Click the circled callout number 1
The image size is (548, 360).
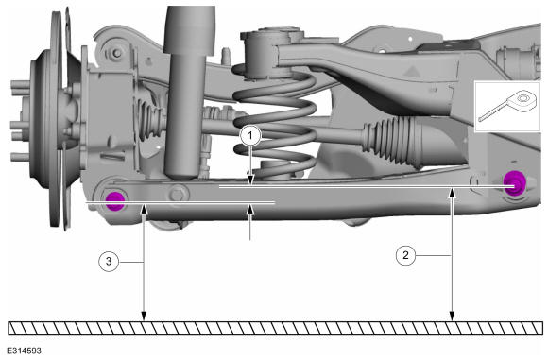pos(250,135)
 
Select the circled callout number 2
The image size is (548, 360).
pos(405,255)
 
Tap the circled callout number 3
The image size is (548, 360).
pos(109,261)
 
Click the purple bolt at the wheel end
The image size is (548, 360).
pos(115,201)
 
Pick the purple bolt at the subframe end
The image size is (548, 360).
pos(514,181)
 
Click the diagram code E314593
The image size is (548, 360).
pos(24,351)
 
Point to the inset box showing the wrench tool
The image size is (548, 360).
pos(507,107)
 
